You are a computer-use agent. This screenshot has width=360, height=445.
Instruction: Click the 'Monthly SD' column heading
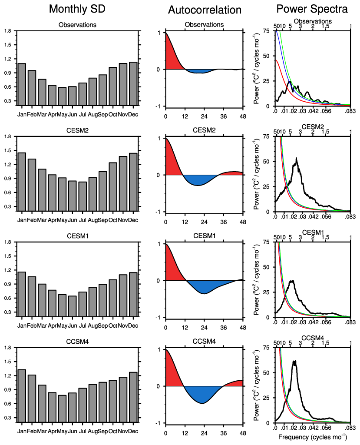click(x=77, y=9)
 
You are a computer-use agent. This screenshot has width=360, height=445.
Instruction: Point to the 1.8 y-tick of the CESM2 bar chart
click(x=7, y=137)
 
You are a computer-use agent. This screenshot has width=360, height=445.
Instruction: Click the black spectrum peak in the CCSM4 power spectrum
click(x=295, y=362)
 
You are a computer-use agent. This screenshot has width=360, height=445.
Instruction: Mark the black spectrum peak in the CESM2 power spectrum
click(x=297, y=159)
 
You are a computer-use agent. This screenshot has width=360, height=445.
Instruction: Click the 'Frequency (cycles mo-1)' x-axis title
click(x=313, y=437)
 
